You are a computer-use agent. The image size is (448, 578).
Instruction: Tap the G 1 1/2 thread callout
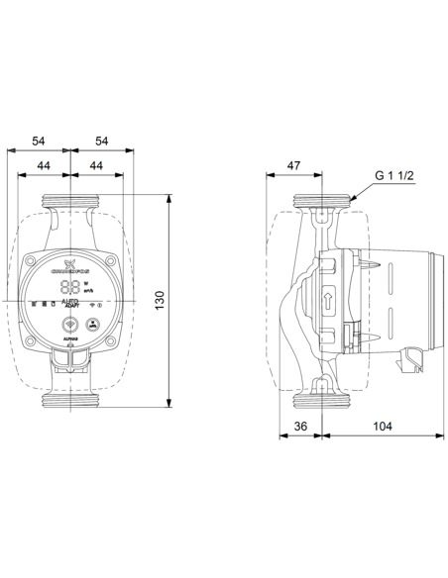click(x=393, y=176)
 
